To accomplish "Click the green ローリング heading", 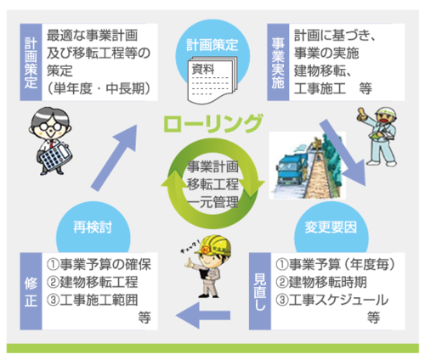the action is (x=213, y=124).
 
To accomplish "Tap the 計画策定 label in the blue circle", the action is (x=212, y=45).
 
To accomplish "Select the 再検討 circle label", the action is (x=93, y=227).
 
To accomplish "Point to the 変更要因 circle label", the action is (x=331, y=227).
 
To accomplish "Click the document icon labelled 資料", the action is (x=212, y=80).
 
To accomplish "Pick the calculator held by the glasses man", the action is (x=55, y=156).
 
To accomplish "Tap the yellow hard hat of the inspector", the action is (x=216, y=245).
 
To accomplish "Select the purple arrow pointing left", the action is (x=203, y=315).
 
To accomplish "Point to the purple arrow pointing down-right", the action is (x=343, y=152).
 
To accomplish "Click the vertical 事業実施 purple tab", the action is (x=278, y=62).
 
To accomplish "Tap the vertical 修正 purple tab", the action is (x=31, y=291).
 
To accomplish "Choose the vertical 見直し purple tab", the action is (x=260, y=291).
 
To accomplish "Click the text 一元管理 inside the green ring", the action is (x=213, y=203).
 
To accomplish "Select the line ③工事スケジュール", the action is (x=331, y=300).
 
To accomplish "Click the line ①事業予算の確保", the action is (x=99, y=265).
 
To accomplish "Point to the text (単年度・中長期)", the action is (x=99, y=89).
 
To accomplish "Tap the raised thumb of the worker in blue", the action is (x=361, y=114).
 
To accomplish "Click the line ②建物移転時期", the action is (x=321, y=282).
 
